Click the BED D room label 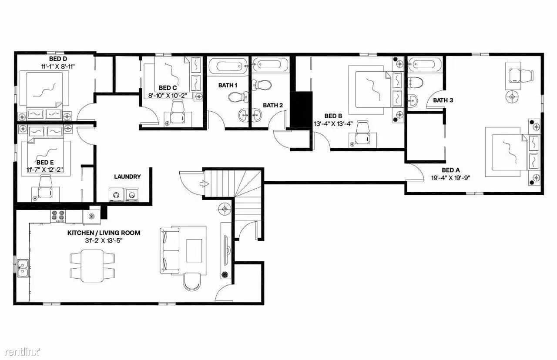(58, 59)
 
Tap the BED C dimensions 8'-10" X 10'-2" (168, 96)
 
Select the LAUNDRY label (128, 177)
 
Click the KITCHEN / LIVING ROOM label (104, 233)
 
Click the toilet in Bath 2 (261, 85)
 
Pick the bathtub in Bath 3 (425, 64)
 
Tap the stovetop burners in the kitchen (58, 216)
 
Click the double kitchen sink (23, 268)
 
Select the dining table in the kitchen (92, 266)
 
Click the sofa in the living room (170, 250)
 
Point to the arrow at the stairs (204, 183)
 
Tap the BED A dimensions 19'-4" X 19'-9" (450, 178)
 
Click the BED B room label (333, 116)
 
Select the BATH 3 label (443, 100)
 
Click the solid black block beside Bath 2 (302, 110)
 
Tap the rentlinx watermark (22, 352)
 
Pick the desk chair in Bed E (46, 180)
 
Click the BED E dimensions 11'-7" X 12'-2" (45, 170)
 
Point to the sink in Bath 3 (413, 101)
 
